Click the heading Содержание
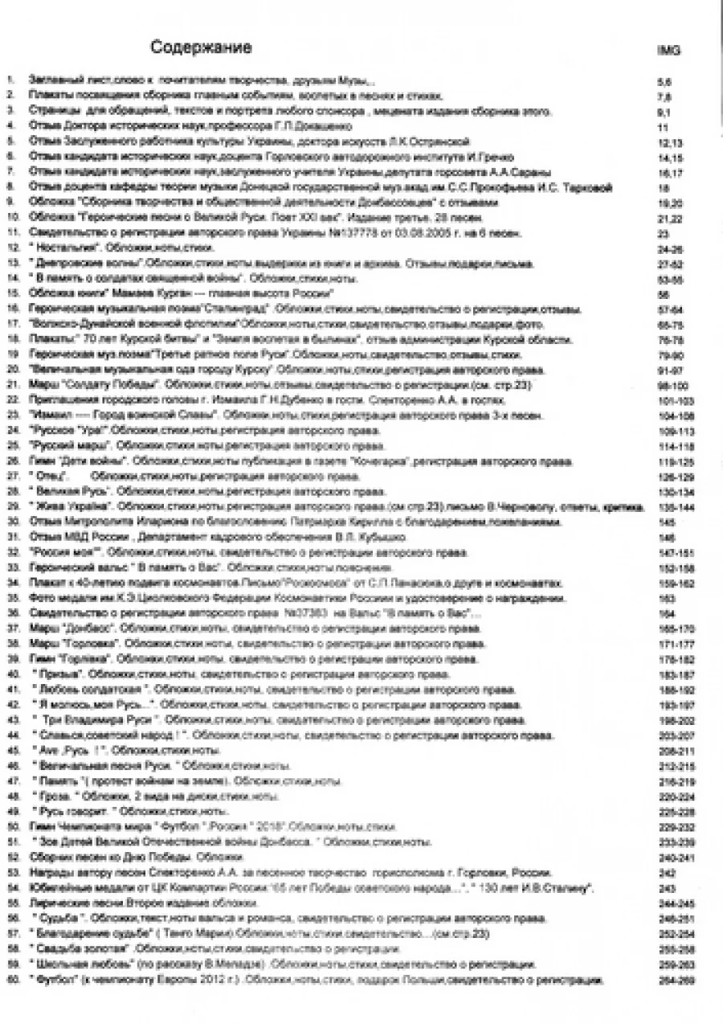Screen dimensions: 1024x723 [201, 48]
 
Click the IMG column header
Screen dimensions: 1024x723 [668, 51]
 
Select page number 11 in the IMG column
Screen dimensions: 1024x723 [663, 128]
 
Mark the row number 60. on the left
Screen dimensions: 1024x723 [11, 981]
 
